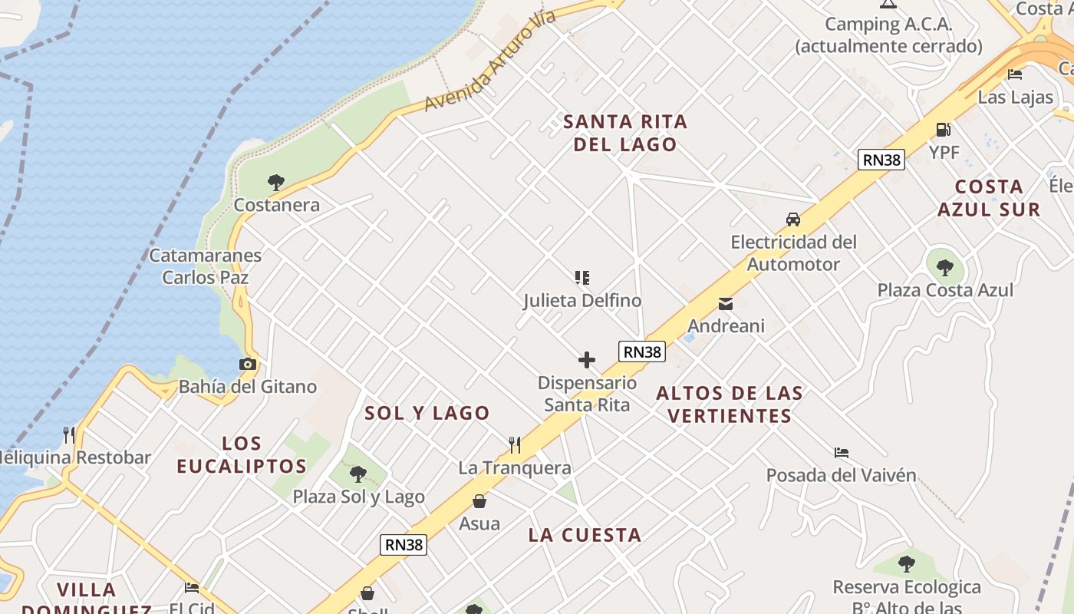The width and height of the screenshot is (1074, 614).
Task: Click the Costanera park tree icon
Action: pos(276,183)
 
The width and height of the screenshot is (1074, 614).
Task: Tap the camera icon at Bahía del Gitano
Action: pos(248,365)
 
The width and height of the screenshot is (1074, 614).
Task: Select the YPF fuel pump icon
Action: pos(943,130)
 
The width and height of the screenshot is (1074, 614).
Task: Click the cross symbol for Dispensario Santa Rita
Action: pos(587,360)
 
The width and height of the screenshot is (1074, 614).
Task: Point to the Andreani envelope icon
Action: pos(726,304)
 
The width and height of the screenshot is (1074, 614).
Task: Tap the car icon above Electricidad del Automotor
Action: pos(793,220)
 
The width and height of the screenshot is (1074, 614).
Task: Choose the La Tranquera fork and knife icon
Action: pos(515,444)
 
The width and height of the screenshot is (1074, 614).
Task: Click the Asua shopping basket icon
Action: pos(479,501)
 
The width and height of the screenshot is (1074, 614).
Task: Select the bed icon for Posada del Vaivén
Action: pos(842,453)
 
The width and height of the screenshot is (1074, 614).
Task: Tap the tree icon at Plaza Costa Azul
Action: pos(945,267)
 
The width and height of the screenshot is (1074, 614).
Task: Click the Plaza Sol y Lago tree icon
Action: pos(358,474)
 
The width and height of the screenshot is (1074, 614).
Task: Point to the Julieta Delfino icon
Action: pos(582,278)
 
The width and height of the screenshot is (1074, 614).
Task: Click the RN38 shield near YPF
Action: pos(881,160)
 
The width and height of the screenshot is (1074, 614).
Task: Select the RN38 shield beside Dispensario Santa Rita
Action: pos(642,352)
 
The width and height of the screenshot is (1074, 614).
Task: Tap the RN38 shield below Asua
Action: pos(404,545)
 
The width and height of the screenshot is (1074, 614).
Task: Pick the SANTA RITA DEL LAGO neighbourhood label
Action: pos(625,133)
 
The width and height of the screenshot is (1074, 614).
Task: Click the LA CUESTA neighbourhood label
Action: pos(585,535)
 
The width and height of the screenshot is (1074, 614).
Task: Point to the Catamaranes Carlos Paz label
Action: pos(206,266)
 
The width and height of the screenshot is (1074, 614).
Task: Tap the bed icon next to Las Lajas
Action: pos(1015,74)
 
